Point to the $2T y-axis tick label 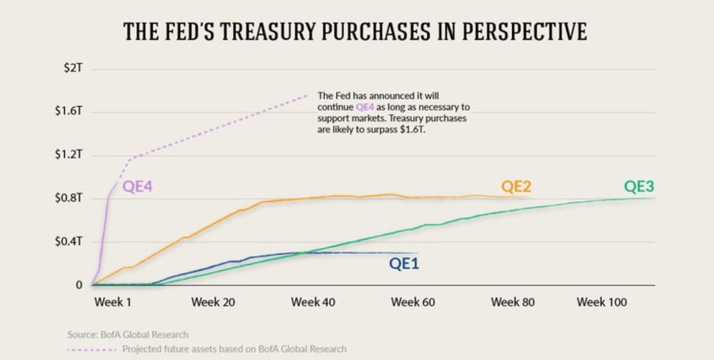[x=73, y=68]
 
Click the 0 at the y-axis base [x=79, y=285]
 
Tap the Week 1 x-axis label [x=112, y=302]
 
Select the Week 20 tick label [x=213, y=302]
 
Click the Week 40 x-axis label [x=313, y=302]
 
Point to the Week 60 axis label [x=412, y=302]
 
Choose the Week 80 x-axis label [x=512, y=302]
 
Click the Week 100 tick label [x=602, y=302]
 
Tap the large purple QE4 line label [x=137, y=187]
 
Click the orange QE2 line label [x=516, y=186]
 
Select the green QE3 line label [x=639, y=187]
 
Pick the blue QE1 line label [x=404, y=264]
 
